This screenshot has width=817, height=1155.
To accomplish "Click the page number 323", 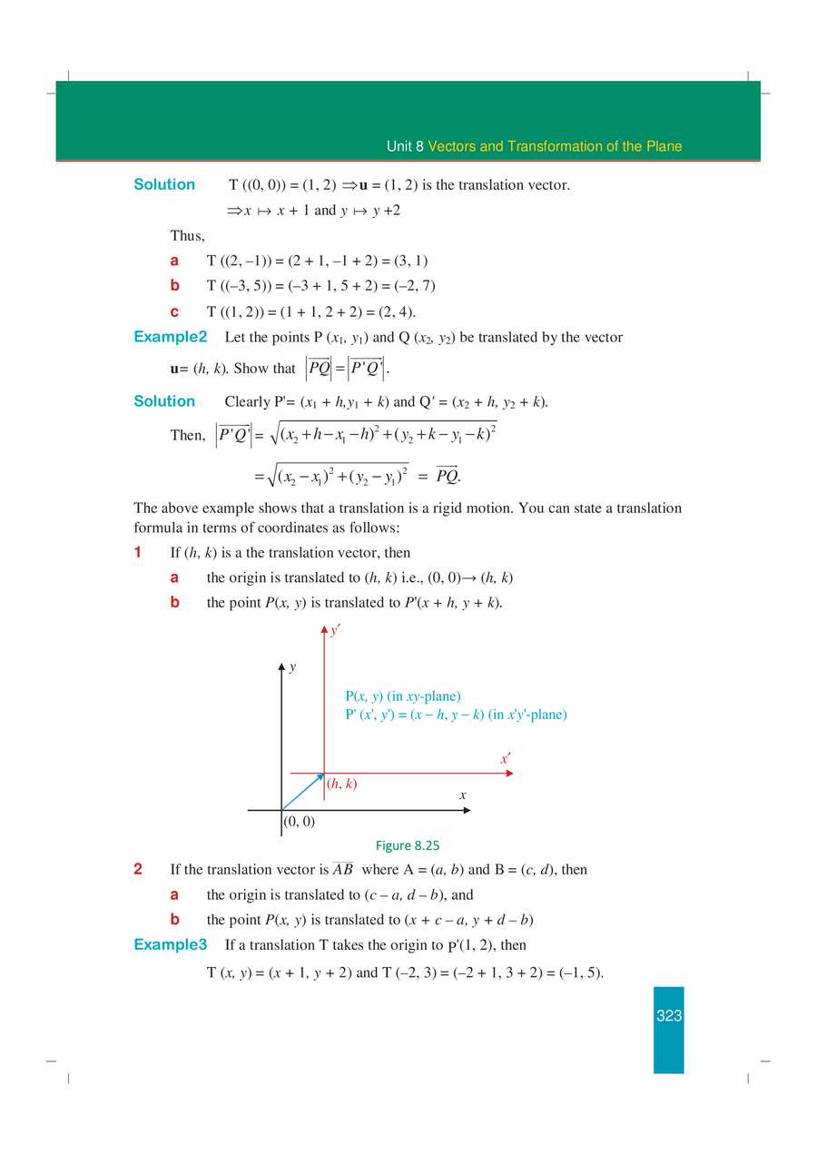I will point(669,1016).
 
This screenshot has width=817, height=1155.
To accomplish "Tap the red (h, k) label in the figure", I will point(342,784).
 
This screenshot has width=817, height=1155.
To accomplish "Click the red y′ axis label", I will point(335,629).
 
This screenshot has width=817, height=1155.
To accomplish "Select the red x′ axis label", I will point(505,759).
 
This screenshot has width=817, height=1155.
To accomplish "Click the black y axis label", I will point(292,667).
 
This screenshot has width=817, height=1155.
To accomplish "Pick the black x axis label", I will point(462,795).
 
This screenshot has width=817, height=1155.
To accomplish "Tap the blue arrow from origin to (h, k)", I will point(303,791).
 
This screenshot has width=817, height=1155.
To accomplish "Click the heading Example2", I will point(171,337).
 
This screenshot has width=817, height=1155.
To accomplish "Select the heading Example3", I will point(171,944).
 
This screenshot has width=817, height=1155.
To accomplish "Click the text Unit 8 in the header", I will point(405,146).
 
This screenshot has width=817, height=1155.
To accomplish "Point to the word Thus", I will point(187,236).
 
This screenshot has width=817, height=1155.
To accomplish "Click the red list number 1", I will point(138,552).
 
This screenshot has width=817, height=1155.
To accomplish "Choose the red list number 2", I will point(138,869).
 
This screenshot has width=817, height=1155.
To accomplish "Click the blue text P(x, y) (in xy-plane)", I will point(403,696).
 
